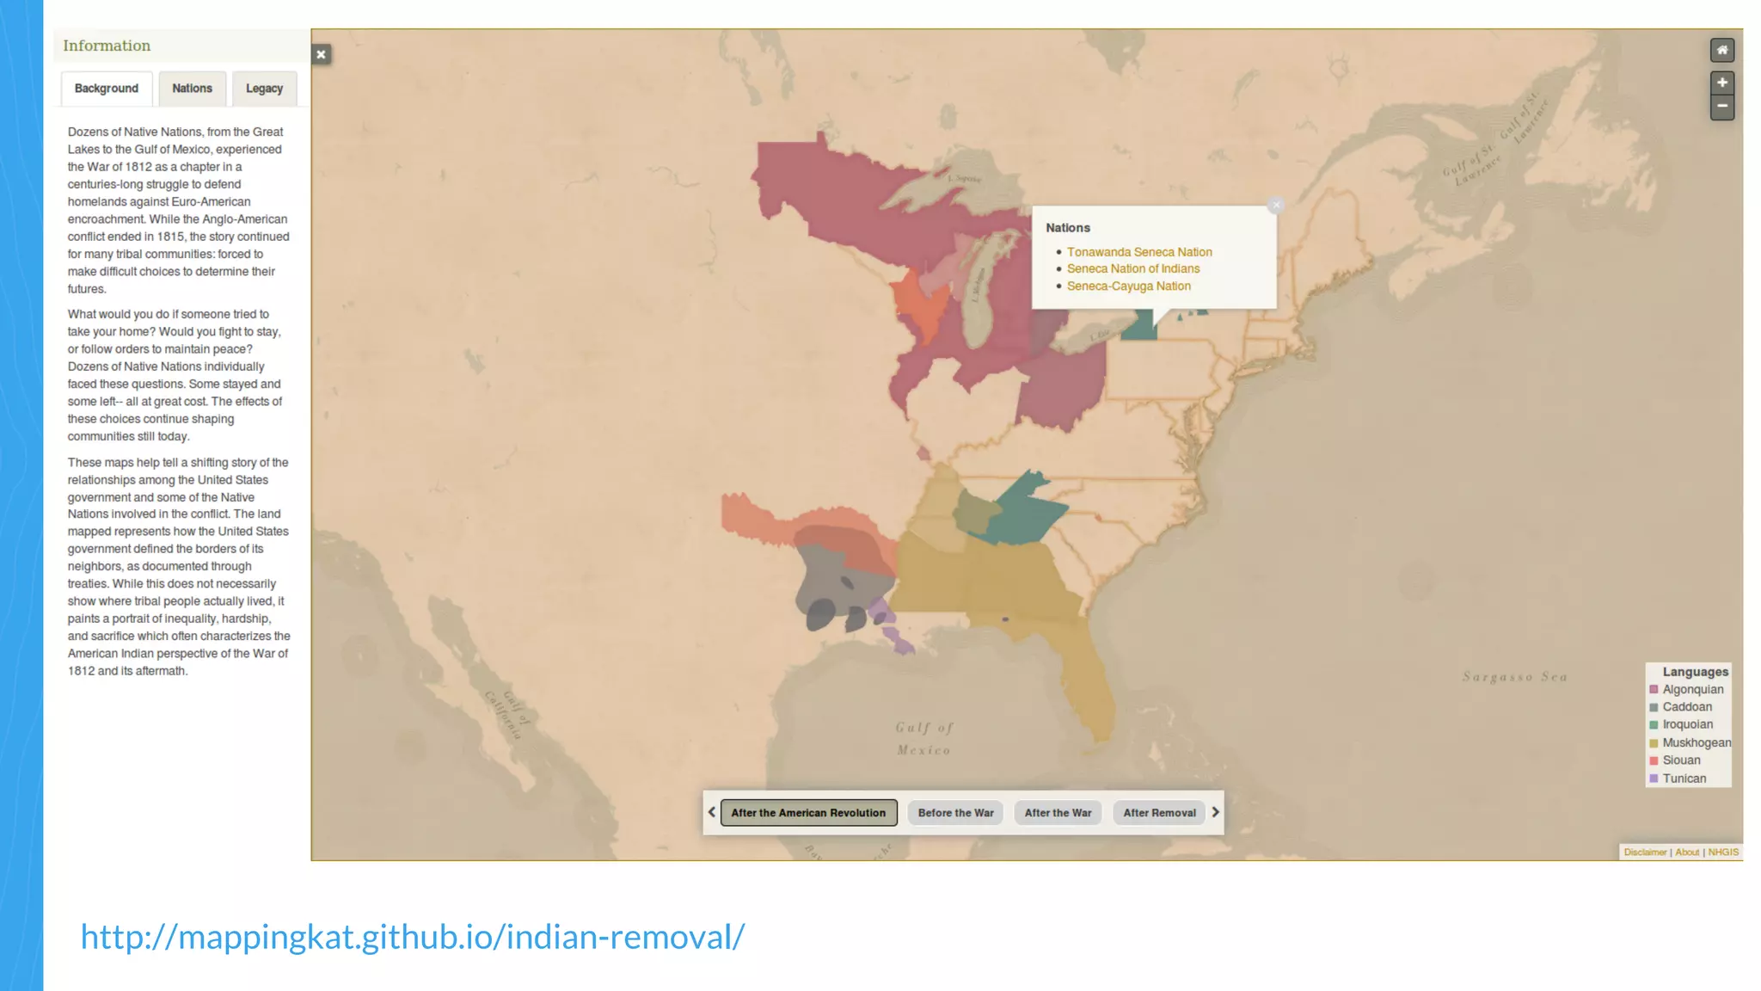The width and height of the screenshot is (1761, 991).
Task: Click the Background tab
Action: point(107,89)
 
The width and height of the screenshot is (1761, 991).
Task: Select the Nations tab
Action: point(192,89)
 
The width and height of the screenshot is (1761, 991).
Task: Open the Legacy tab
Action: point(264,89)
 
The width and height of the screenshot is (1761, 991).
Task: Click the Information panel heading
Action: point(107,46)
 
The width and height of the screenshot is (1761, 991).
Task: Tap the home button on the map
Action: point(1721,51)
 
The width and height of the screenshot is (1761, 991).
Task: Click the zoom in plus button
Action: point(1721,83)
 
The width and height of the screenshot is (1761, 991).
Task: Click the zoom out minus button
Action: point(1721,107)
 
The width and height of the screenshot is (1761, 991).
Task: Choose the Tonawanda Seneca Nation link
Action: point(1139,252)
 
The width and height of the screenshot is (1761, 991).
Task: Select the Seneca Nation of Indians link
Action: point(1133,269)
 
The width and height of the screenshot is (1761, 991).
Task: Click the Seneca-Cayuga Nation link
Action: point(1129,286)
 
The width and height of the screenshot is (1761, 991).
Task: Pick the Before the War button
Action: point(955,813)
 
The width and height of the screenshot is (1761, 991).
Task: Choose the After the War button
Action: point(1058,813)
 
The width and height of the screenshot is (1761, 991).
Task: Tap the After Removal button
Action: point(1159,813)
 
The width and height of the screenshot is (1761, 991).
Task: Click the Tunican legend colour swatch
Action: point(1654,779)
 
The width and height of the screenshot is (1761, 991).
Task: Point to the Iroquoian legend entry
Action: point(1687,725)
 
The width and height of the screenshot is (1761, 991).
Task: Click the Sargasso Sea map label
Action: point(1515,678)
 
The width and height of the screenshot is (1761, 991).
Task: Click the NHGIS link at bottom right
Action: point(1723,853)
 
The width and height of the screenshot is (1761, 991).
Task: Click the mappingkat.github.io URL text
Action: point(413,937)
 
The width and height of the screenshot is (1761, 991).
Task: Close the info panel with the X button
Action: point(321,55)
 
